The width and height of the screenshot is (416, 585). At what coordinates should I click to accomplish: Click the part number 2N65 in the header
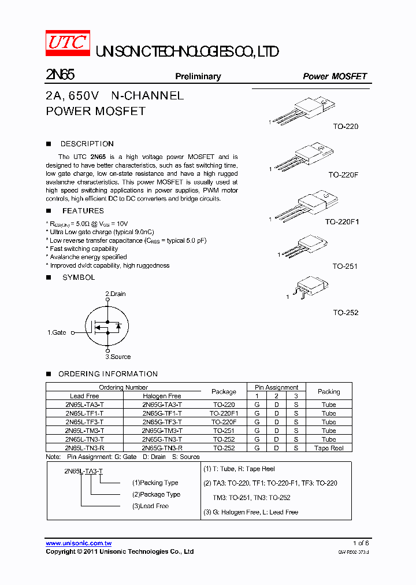tap(60, 75)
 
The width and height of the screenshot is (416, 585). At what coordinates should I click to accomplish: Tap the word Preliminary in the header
tap(198, 76)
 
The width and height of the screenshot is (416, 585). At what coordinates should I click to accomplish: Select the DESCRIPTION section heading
tap(87, 144)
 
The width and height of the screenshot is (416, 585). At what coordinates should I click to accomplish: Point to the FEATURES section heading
tap(83, 211)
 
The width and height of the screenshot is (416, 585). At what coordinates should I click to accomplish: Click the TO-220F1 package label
tap(341, 221)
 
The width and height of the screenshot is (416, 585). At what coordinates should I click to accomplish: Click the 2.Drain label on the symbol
tap(116, 294)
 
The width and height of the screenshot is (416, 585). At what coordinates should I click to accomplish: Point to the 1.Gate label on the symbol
tap(57, 332)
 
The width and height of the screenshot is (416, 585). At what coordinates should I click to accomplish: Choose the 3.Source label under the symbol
tap(118, 357)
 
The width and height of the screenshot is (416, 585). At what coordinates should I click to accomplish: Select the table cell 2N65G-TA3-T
tap(162, 405)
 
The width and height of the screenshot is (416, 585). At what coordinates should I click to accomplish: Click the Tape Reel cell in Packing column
tap(329, 448)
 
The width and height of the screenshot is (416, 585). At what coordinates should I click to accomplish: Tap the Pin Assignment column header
tap(276, 387)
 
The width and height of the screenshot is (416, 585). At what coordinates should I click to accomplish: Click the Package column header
tap(224, 391)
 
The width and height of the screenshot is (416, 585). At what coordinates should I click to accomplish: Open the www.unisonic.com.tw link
tap(79, 543)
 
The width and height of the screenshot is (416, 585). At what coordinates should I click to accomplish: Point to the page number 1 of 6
tap(361, 543)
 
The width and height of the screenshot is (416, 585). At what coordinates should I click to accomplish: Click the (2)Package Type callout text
tap(156, 494)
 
